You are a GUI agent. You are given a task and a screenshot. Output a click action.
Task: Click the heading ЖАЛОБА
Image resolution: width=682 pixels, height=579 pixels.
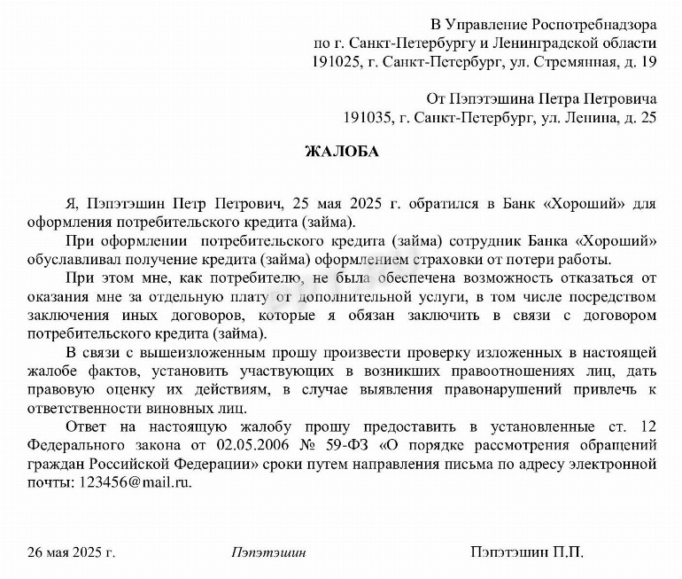coord(341,152)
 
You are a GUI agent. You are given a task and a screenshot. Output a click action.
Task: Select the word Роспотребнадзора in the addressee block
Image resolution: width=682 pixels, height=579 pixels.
coord(593,22)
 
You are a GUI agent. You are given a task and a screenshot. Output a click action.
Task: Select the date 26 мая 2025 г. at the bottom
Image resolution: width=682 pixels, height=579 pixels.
coord(71,552)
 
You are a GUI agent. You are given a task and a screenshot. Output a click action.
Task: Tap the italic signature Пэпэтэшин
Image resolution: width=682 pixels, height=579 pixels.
coord(268,552)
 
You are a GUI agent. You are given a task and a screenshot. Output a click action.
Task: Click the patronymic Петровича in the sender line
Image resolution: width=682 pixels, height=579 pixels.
coord(616,97)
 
